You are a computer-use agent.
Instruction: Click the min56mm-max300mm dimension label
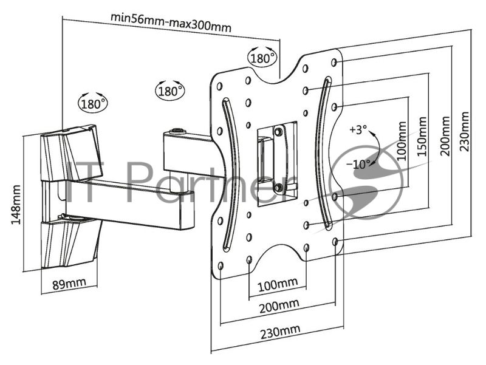click(x=171, y=22)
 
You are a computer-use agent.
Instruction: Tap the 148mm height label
click(x=16, y=205)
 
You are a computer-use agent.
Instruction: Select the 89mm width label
click(x=69, y=284)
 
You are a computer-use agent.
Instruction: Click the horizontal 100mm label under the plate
click(x=278, y=284)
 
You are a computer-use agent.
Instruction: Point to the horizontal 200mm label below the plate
click(x=279, y=306)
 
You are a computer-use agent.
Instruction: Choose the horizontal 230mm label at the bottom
click(x=280, y=332)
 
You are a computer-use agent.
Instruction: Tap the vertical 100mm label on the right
click(x=401, y=141)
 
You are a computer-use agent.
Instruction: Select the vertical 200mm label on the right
click(x=445, y=135)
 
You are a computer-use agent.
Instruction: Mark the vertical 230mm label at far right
click(x=464, y=131)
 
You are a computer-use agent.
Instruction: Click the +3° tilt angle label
click(x=358, y=129)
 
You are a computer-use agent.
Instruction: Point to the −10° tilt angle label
click(x=358, y=164)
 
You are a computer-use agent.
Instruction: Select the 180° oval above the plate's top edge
click(x=262, y=57)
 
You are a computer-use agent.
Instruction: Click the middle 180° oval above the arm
click(x=169, y=90)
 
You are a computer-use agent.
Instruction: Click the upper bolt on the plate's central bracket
click(x=278, y=131)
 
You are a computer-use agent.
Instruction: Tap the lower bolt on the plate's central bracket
click(x=278, y=187)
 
